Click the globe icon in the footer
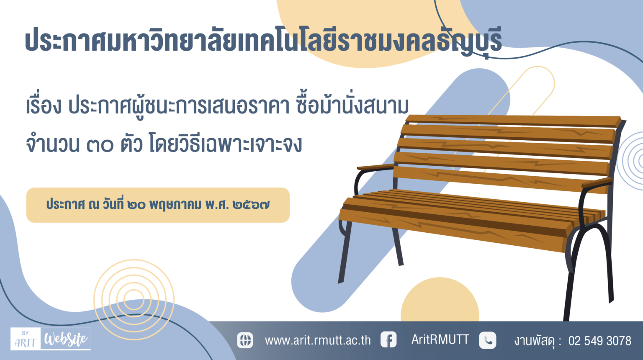(245, 340)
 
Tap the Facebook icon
(388, 339)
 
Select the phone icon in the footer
(487, 340)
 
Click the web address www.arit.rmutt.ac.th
(318, 340)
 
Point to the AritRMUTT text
(440, 339)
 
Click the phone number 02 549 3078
(599, 341)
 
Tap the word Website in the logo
(66, 339)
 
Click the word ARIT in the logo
(25, 342)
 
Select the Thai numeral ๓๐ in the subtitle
(100, 145)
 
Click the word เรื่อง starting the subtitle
(44, 105)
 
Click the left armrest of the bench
(376, 167)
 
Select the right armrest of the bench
(597, 182)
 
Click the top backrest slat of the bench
(513, 121)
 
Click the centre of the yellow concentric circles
(134, 299)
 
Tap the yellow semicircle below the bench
(440, 300)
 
